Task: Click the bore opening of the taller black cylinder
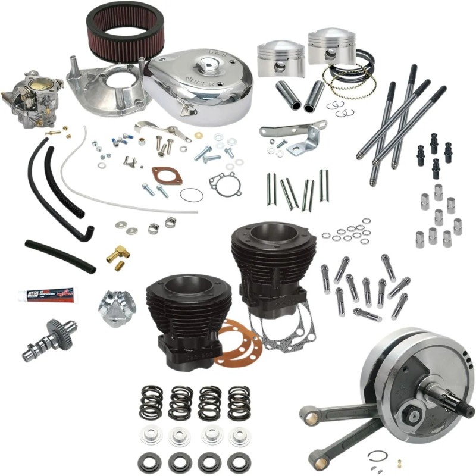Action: (264, 230)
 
